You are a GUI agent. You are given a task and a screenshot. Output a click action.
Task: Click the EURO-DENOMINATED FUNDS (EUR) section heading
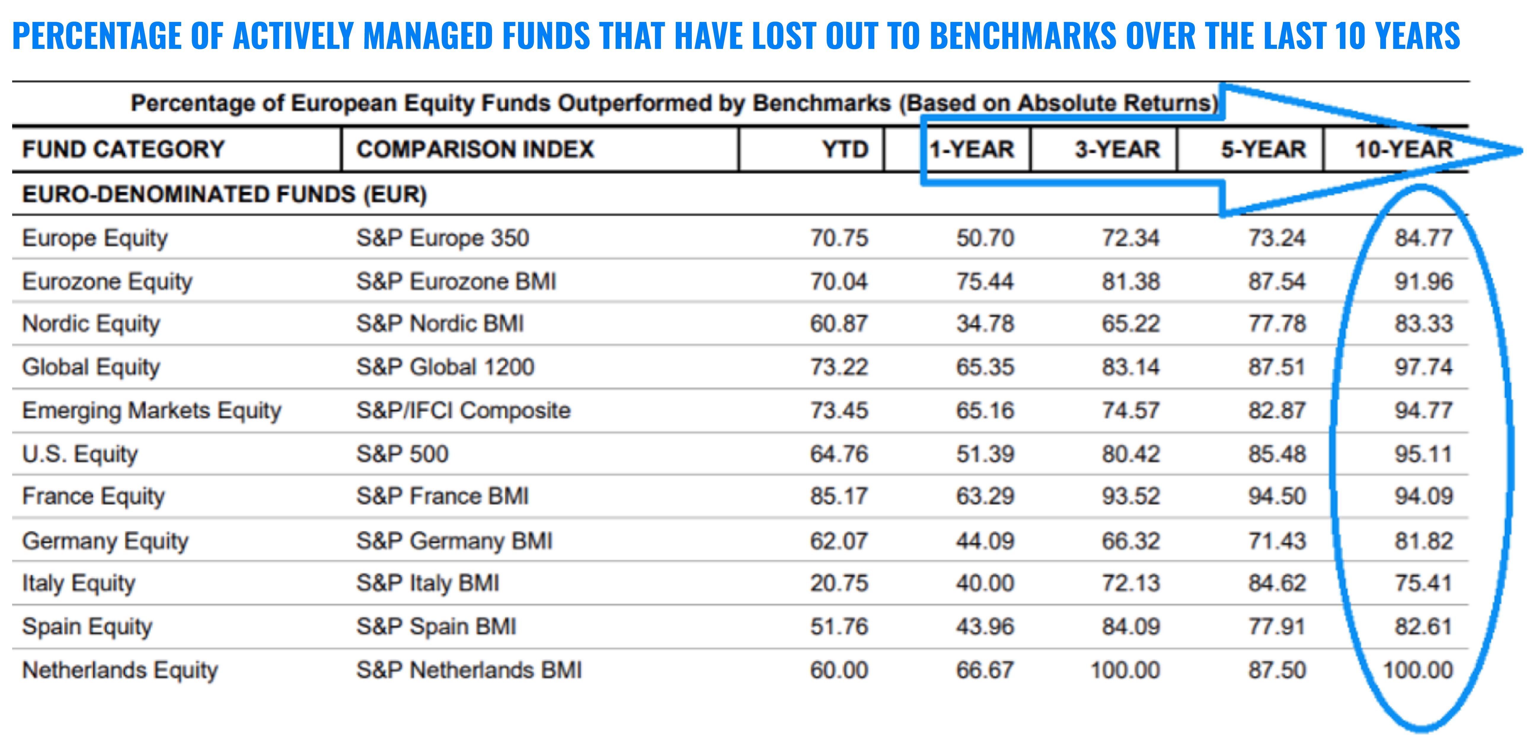click(x=224, y=194)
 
